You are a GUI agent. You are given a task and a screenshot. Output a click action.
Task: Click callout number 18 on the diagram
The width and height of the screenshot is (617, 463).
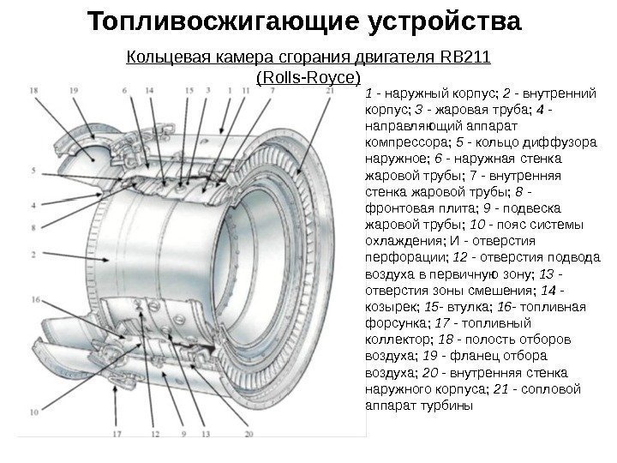[33, 89]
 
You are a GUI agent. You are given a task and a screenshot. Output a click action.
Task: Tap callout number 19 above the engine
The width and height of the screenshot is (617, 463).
[75, 89]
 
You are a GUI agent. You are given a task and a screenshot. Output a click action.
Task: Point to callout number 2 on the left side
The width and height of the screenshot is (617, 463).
[33, 255]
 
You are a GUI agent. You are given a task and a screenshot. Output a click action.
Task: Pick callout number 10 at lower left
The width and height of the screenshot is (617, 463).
[33, 412]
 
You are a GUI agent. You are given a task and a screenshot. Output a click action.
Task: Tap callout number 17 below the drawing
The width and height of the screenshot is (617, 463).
[117, 434]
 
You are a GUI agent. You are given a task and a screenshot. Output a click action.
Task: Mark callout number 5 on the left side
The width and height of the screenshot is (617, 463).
[33, 171]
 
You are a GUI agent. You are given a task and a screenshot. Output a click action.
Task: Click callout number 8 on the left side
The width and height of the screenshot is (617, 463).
[33, 227]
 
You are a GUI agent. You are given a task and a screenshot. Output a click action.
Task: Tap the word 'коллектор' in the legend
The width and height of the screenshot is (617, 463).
[395, 339]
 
